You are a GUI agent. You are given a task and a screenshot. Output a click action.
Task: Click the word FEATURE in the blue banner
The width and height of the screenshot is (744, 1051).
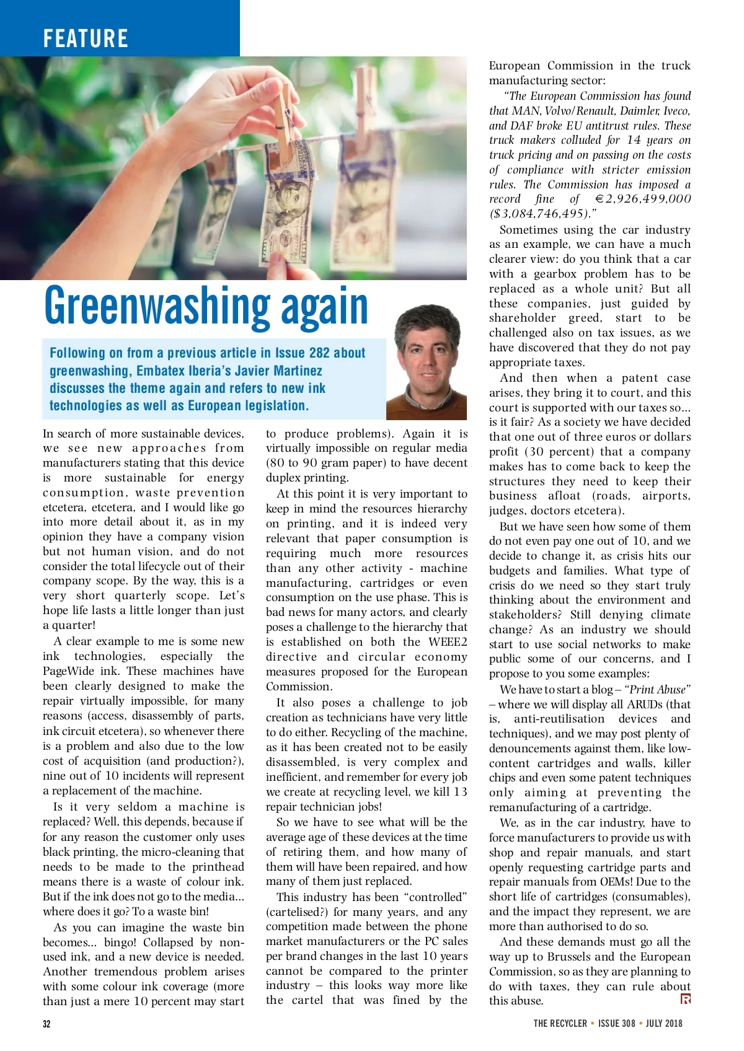86,38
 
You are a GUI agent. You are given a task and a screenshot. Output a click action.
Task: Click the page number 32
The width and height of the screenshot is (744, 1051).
46,1024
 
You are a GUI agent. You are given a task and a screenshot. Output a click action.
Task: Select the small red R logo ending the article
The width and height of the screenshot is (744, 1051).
685,999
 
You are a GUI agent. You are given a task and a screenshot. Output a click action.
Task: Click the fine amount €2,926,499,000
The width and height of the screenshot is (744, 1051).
643,199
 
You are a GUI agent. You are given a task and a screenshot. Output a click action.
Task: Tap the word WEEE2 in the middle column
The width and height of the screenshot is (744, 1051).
448,642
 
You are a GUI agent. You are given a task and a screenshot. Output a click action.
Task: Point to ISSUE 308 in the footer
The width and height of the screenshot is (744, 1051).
616,1024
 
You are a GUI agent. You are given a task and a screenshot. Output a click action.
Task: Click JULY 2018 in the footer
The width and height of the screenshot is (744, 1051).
663,1024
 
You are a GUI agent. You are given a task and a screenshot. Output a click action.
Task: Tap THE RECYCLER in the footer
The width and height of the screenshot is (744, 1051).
560,1024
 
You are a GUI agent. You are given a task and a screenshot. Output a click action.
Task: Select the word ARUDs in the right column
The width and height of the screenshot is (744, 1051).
644,705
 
